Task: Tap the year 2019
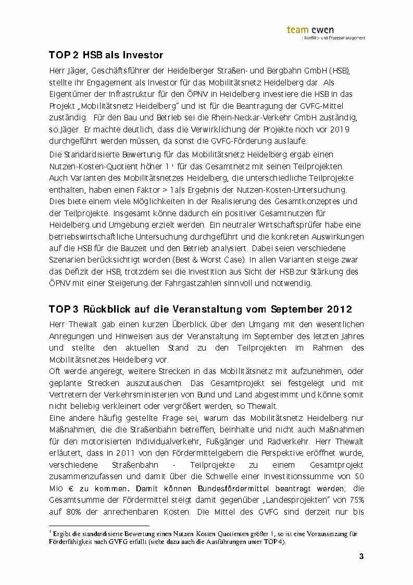339,129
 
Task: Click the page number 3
361,557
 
